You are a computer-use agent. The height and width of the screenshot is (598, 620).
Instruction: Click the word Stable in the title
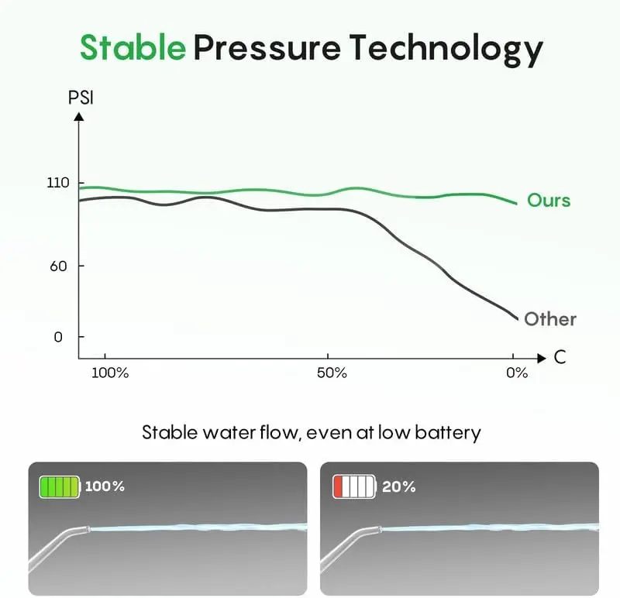point(133,48)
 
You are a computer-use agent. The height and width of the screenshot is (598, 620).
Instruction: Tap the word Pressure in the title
point(266,48)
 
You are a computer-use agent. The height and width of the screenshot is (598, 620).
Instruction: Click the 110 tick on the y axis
point(58,183)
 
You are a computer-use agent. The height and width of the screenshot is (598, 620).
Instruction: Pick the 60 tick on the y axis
point(60,266)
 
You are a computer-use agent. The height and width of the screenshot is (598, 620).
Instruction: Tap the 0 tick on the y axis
point(59,337)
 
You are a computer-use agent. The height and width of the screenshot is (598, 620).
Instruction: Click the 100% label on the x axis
point(109,373)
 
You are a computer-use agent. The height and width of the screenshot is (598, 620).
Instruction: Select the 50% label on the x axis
point(331,373)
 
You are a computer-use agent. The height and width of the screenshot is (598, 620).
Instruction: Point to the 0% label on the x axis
point(517,373)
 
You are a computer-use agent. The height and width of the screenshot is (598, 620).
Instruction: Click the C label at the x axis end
point(560,358)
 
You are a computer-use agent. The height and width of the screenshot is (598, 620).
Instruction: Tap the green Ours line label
point(549,201)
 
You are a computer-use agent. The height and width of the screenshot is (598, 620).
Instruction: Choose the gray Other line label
point(550,319)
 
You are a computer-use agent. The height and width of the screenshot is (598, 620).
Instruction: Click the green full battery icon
point(60,486)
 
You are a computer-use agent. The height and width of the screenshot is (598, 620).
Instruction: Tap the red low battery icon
point(354,486)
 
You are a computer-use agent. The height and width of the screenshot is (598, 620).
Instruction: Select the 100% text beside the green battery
point(104,486)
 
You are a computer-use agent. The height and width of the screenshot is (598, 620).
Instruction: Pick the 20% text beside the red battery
point(399,486)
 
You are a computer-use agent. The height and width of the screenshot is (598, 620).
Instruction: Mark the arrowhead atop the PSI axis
point(78,115)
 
